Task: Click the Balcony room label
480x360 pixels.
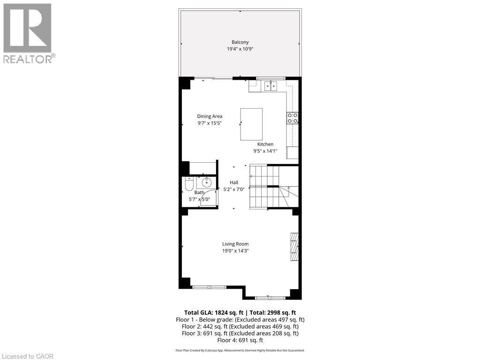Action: pos(240,42)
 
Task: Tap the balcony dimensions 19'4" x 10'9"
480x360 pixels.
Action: pos(240,49)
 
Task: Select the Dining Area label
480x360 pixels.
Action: pos(210,116)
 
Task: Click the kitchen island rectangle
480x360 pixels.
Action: pos(251,124)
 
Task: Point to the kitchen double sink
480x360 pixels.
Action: pos(270,85)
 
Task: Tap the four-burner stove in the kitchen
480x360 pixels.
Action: pos(292,118)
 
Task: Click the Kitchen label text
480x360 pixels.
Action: pos(265,144)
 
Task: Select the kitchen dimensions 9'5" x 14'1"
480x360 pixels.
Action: pos(265,151)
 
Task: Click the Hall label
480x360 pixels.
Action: pos(234,182)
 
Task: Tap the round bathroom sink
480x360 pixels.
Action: pos(207,182)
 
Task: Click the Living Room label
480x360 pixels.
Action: pos(235,244)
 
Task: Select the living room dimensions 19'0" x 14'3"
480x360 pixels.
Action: pos(235,251)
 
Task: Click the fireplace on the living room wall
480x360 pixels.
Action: pos(294,246)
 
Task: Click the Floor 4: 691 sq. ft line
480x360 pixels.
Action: pos(240,340)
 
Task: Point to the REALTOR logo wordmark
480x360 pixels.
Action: pos(29,59)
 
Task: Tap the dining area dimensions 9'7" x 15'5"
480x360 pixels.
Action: pos(210,123)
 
